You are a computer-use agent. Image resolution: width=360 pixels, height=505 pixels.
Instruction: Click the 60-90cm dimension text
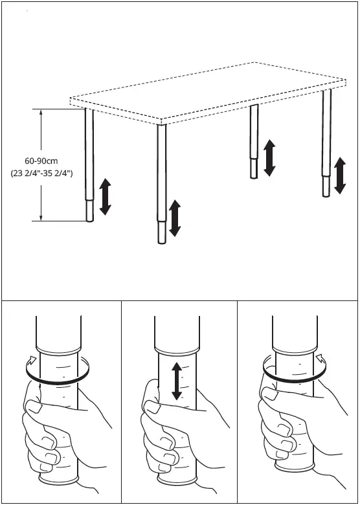(42, 161)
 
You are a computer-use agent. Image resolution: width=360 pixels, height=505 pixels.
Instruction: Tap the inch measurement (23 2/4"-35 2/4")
(42, 174)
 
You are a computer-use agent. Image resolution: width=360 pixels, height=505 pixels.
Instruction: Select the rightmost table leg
(327, 142)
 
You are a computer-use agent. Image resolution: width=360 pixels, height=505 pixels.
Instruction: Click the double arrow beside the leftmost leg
(105, 197)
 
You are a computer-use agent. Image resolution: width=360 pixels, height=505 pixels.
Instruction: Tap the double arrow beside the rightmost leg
(339, 175)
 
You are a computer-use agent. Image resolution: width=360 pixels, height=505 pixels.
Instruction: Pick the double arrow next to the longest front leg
(175, 219)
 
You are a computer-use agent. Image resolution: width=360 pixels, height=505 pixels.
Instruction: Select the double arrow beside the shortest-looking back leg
(269, 157)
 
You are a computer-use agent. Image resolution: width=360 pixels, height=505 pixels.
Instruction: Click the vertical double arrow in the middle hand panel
(176, 381)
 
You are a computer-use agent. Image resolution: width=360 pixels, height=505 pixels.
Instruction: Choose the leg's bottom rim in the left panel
(58, 480)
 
